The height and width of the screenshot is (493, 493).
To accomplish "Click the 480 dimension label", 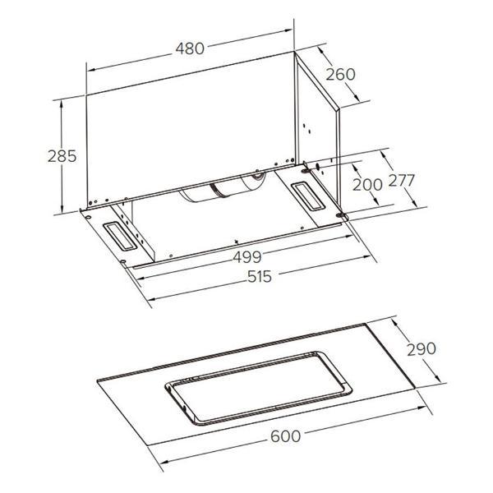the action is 190,48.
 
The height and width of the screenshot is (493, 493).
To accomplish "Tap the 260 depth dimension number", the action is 340,75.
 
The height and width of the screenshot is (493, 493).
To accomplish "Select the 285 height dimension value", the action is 62,156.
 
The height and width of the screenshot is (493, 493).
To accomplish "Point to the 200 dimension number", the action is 367,185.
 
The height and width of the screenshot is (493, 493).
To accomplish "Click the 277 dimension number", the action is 402,181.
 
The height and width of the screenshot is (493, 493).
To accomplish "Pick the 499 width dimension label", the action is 246,257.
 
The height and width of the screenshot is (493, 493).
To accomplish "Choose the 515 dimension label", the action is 260,277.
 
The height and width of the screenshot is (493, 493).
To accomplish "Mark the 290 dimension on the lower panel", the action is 422,349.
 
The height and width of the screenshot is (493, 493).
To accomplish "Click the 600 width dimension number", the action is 285,436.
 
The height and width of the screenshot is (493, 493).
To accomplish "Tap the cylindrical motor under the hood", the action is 223,188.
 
